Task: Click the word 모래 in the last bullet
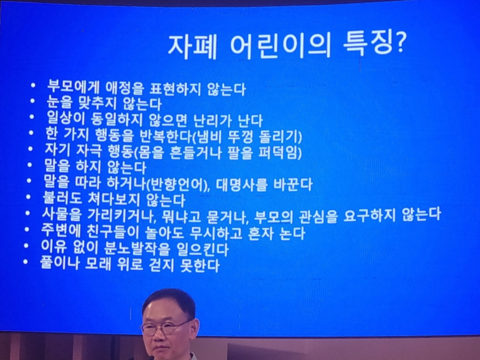tap(98, 265)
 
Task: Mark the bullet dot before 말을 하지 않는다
tap(30, 165)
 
